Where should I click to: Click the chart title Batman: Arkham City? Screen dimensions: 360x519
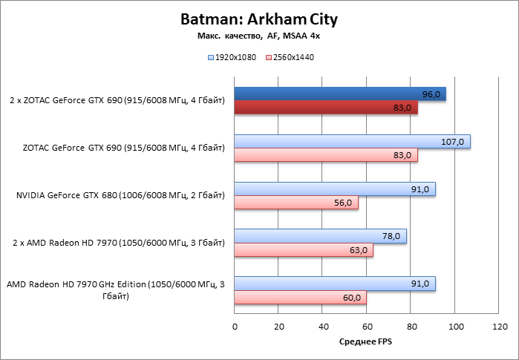(x=258, y=19)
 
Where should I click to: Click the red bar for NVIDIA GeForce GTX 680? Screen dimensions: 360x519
(x=296, y=203)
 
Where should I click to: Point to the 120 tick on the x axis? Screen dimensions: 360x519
(x=500, y=326)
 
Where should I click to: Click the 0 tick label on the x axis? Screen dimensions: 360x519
(x=235, y=326)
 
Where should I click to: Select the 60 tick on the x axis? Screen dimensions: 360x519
(x=367, y=326)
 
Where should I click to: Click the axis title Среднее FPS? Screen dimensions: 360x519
(x=366, y=341)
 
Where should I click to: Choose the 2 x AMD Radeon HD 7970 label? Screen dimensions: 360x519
(x=119, y=243)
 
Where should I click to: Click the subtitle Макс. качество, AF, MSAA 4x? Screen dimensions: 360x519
(x=258, y=35)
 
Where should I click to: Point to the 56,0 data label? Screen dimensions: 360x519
(x=344, y=203)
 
